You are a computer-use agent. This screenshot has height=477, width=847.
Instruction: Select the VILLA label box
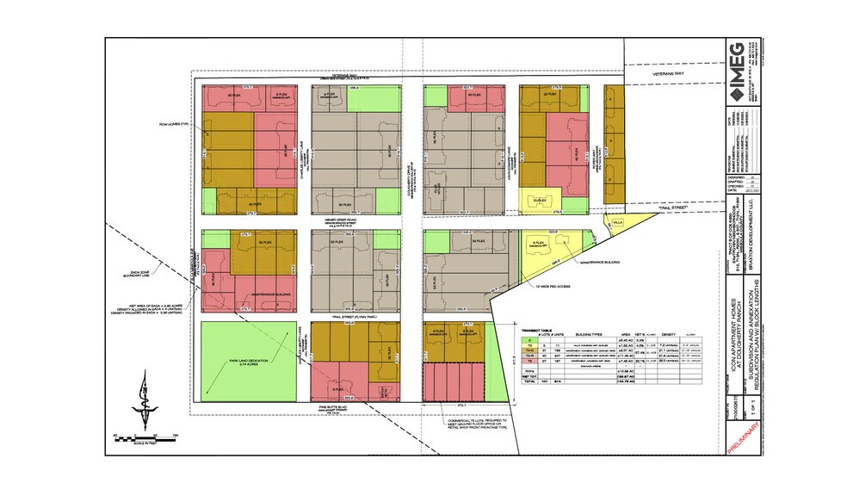617,221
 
